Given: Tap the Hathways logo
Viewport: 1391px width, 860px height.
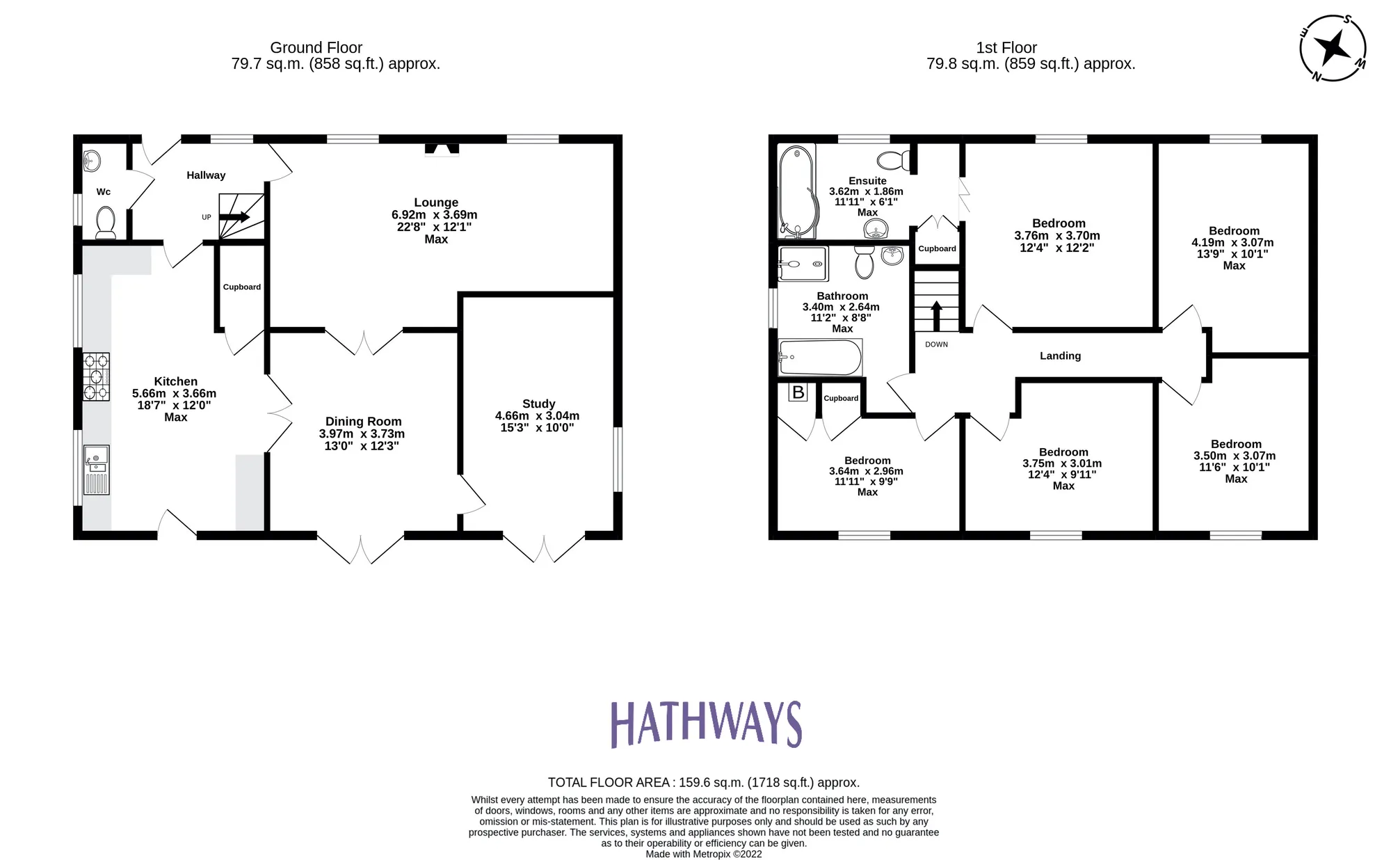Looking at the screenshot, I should pos(706,724).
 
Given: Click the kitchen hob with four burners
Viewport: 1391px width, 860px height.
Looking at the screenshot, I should pos(96,377).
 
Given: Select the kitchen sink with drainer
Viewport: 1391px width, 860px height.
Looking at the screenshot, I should pos(96,470).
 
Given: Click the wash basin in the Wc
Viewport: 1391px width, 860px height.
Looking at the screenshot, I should pos(91,161).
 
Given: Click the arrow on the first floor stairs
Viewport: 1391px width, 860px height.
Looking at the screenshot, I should pos(936,314).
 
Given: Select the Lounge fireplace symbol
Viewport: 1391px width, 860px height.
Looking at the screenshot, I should pos(442,149).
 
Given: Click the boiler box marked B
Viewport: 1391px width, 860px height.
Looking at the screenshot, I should pos(798,392).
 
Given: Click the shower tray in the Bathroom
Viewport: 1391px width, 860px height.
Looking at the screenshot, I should pos(803,264).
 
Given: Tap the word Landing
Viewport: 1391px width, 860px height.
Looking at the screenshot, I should pos(1060,356).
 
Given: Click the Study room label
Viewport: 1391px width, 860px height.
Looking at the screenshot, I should pos(538,404).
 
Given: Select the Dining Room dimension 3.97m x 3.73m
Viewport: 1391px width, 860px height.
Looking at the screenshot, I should pos(362,433).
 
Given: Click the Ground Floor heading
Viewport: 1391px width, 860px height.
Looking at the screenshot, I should pos(316,47).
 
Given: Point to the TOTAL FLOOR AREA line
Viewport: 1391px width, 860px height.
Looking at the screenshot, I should pos(703,782).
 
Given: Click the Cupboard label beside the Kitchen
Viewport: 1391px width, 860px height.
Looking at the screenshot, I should pos(241,287).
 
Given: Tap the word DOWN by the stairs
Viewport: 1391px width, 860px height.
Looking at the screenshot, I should pos(936,344).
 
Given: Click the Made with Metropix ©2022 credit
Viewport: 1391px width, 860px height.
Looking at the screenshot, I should pos(703,854).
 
